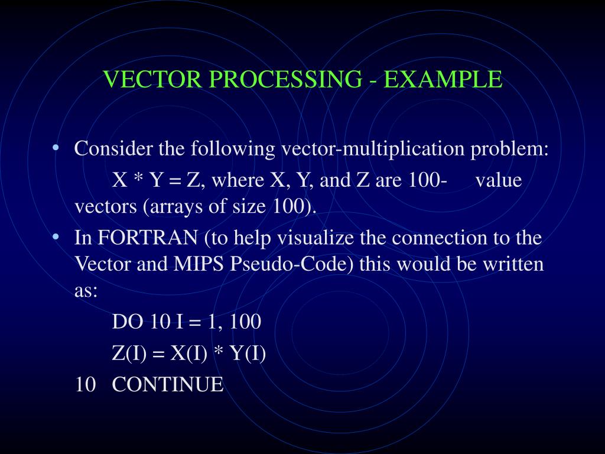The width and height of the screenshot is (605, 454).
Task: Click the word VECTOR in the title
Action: [139, 79]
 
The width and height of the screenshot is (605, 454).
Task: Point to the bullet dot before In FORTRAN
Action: [55, 237]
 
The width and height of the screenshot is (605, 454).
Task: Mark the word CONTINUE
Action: [168, 385]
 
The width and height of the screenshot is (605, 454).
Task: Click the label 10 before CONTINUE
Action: [85, 385]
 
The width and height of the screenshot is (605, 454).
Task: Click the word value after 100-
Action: [499, 180]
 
